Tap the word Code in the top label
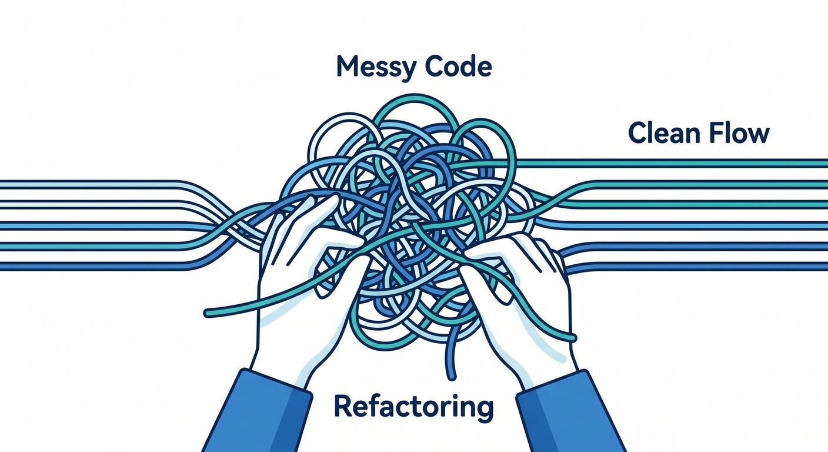point(458,67)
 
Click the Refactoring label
point(413,407)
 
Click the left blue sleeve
point(259,411)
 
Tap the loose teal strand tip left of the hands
point(208,314)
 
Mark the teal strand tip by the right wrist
point(573,337)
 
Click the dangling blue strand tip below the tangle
point(451,377)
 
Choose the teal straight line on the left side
point(92,247)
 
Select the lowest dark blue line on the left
point(92,267)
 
